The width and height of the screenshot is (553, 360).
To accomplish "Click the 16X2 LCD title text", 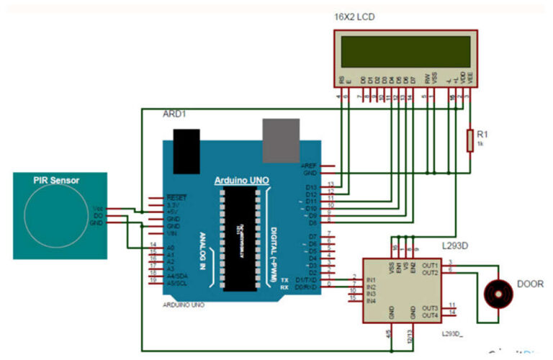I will pyautogui.click(x=354, y=17).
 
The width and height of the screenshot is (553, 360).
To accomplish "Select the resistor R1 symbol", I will pyautogui.click(x=470, y=141).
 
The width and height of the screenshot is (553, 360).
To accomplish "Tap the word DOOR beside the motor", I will pyautogui.click(x=531, y=284).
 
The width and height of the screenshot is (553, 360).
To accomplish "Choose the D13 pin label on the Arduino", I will pyautogui.click(x=310, y=186).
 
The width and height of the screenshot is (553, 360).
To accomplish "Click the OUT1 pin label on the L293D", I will pyautogui.click(x=430, y=264).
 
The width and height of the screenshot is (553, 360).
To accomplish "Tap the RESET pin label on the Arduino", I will pyautogui.click(x=176, y=197).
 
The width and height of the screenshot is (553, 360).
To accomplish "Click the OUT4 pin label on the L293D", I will pyautogui.click(x=430, y=315).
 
